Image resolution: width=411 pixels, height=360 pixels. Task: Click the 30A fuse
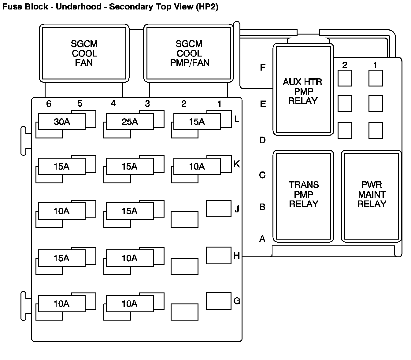point(61,122)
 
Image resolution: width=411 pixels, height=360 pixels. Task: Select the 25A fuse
point(130,122)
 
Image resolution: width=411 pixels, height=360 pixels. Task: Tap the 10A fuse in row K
point(197,167)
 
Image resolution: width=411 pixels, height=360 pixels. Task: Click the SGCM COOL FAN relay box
point(84,53)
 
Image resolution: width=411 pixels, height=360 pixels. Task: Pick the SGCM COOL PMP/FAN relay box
point(189,53)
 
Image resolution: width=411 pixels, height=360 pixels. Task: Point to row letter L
point(236,119)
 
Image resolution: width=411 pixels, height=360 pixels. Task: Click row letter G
point(237,301)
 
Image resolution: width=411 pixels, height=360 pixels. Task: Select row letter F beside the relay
point(262,68)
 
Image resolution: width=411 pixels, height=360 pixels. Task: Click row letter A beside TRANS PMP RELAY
point(262,239)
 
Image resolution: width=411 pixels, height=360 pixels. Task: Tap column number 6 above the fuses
point(49,104)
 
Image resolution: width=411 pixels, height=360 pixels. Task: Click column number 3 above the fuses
point(147,104)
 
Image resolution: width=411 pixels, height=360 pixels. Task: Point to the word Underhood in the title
point(79,7)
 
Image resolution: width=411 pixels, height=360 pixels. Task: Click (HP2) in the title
point(207,7)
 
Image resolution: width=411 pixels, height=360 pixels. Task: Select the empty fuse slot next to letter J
point(218,208)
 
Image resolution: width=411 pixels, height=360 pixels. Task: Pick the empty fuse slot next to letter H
point(218,255)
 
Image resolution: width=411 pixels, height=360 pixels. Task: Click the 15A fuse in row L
point(197,122)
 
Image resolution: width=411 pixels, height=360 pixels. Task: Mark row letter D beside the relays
point(262,140)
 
